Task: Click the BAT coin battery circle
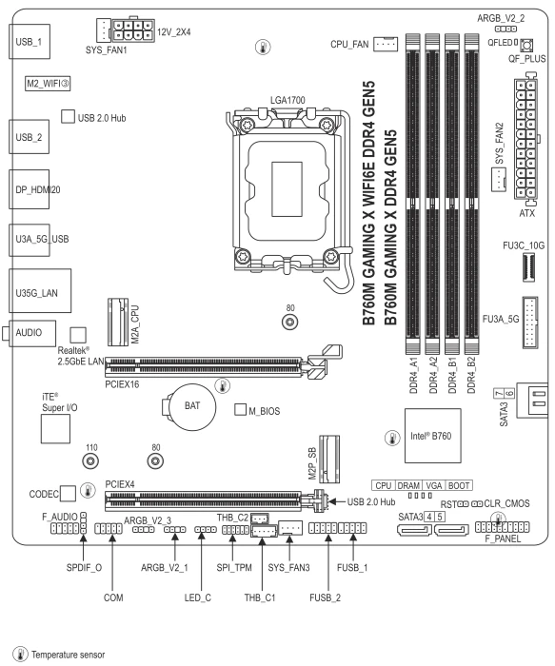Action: click(x=192, y=406)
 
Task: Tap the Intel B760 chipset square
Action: click(x=432, y=436)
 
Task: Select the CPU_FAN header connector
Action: click(x=386, y=44)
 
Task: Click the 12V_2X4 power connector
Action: click(x=132, y=30)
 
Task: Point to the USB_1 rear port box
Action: click(x=30, y=42)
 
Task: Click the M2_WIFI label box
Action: click(x=48, y=84)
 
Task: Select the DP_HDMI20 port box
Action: click(x=29, y=189)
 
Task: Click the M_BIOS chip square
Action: click(x=240, y=409)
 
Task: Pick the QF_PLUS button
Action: click(x=527, y=45)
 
